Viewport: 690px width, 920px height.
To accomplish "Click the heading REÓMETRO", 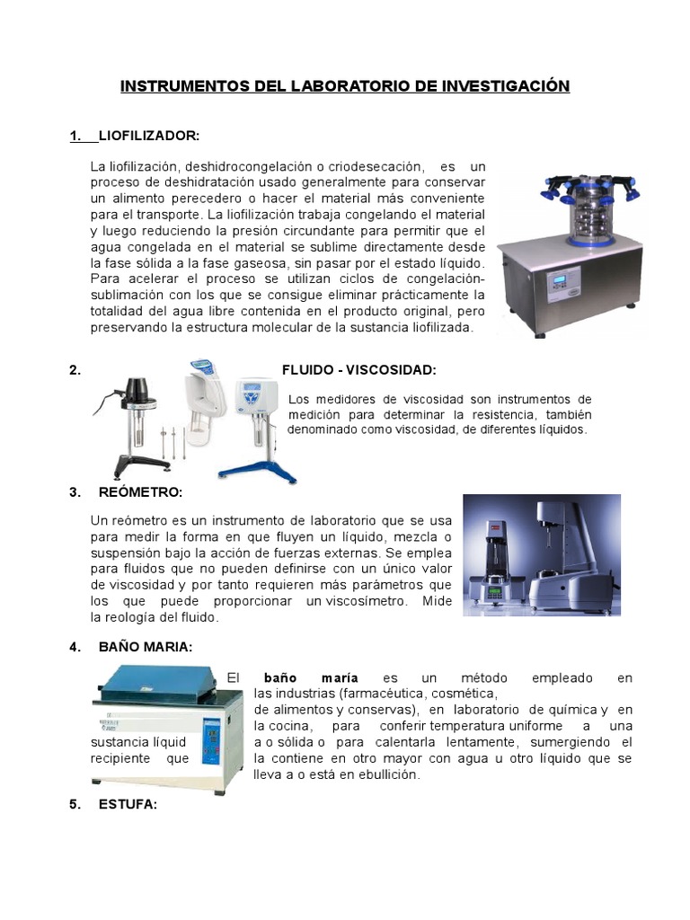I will coord(140,491).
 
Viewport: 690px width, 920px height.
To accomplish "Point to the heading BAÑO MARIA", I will coord(146,647).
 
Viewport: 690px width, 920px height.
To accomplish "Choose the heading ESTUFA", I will coord(128,804).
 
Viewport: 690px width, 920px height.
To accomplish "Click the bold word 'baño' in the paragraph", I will coord(279,677).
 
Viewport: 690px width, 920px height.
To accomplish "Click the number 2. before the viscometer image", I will coord(75,369).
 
